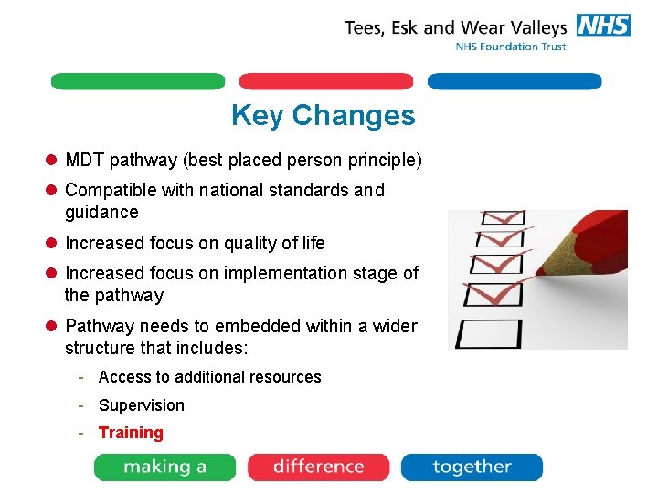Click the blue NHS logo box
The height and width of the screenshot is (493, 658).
(x=603, y=25)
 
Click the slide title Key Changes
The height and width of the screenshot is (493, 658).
(x=323, y=116)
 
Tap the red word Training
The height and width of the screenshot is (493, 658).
(x=131, y=433)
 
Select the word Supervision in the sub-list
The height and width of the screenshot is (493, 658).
(x=142, y=405)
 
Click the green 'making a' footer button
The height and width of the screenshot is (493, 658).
(x=164, y=467)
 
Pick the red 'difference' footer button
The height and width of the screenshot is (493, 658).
(x=318, y=467)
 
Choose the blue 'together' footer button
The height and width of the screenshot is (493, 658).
(x=472, y=467)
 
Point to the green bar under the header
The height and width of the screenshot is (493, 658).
(x=137, y=81)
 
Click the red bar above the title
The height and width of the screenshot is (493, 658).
(x=326, y=81)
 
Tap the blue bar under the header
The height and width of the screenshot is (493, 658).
(x=515, y=81)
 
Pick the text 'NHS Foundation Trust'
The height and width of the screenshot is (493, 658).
(x=511, y=47)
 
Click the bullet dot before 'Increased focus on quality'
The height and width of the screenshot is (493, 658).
(x=53, y=244)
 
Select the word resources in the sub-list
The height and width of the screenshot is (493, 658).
(x=289, y=377)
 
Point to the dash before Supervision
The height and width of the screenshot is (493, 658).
(x=82, y=405)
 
